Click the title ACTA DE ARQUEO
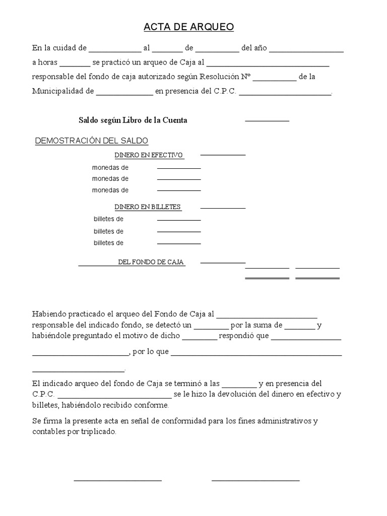point(189,27)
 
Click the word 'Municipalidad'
point(56,92)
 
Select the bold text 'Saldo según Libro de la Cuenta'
point(133,120)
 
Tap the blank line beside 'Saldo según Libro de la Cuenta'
point(267,120)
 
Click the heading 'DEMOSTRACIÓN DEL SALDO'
point(91,141)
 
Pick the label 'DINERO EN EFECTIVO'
point(149,155)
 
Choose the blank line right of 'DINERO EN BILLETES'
point(223,207)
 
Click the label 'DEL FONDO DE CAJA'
point(151,263)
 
